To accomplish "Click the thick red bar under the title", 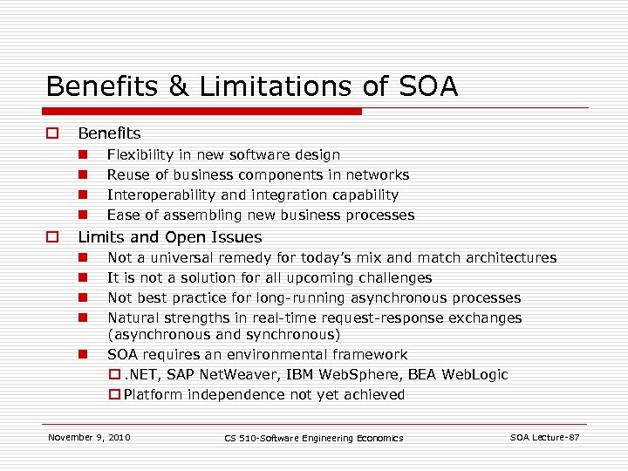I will [x=204, y=112].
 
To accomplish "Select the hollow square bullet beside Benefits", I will [x=52, y=133].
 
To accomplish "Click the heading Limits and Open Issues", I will [x=169, y=237].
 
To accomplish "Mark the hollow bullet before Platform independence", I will [x=114, y=394].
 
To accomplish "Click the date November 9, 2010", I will [x=89, y=437].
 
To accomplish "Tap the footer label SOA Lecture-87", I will [x=544, y=437].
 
